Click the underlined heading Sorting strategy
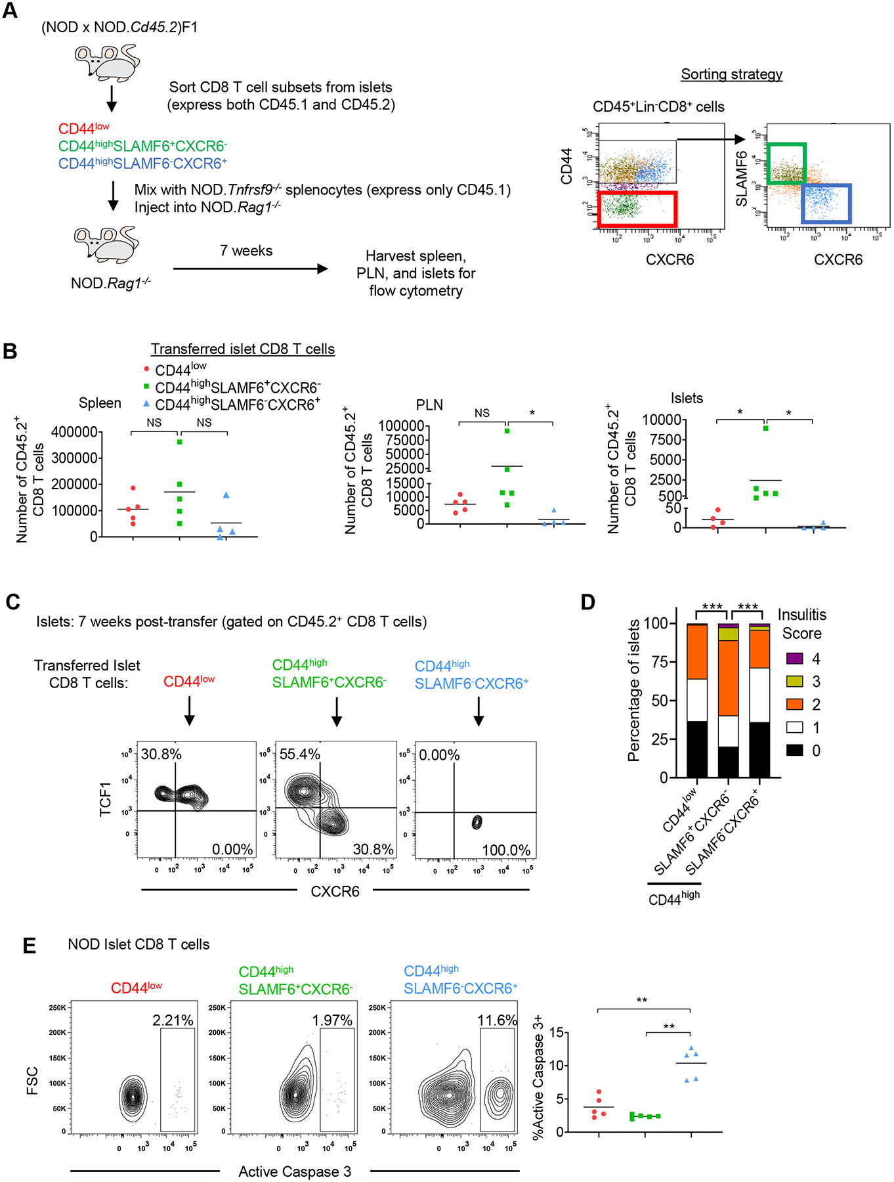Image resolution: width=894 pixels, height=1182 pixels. [731, 74]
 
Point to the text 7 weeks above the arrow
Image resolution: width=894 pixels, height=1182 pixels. [246, 251]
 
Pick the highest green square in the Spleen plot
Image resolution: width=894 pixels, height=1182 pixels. [179, 442]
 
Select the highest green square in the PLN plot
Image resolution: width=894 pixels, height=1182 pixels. [507, 431]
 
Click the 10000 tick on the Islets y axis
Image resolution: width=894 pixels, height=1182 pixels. [661, 420]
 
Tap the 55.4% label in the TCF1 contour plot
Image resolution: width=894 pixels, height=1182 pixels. [300, 754]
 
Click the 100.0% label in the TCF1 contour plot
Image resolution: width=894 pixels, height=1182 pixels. [506, 850]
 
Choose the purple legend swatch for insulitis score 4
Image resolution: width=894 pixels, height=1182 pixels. [794, 659]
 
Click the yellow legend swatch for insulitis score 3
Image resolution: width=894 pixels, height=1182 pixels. [794, 682]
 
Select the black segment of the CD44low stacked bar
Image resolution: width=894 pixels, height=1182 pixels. [696, 749]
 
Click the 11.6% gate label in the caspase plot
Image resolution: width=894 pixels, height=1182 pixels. [497, 1020]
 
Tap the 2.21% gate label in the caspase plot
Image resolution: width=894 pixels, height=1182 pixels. [173, 1020]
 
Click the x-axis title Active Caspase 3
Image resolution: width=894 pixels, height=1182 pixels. [295, 1171]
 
